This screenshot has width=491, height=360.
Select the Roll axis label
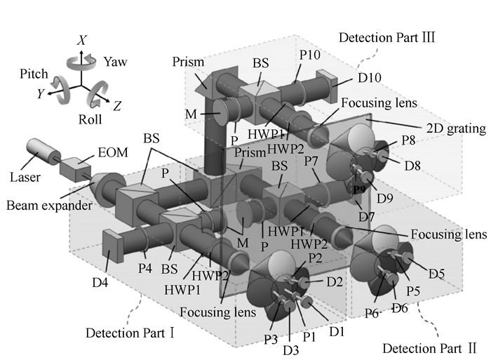click(90, 119)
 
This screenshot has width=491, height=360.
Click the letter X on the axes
click(82, 41)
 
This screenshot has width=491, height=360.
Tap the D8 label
click(413, 166)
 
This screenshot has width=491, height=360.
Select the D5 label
click(438, 272)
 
